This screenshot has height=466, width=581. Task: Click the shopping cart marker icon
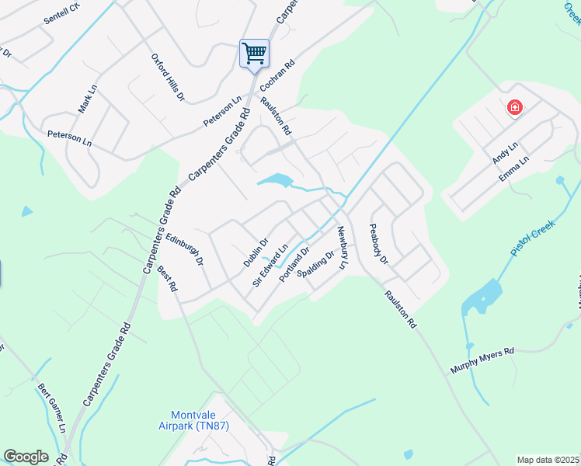coord(254,54)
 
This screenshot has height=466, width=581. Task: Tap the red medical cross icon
coord(514,107)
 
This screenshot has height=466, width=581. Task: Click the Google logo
coord(26,457)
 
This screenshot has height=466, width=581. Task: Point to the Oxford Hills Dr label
coord(168,78)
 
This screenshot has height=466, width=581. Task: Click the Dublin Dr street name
coord(256,252)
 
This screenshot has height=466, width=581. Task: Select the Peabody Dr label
coord(378,244)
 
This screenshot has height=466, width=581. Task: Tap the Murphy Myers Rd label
coord(482,362)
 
